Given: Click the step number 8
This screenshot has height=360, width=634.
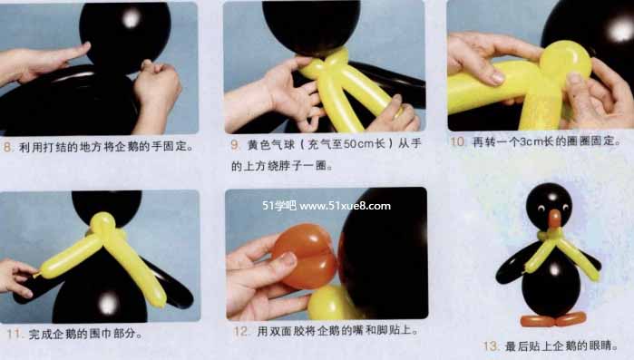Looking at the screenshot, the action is pos(7,147).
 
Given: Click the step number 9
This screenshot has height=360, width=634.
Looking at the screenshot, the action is pos(235,145).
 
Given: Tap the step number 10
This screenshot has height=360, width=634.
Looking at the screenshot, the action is pos(457,141).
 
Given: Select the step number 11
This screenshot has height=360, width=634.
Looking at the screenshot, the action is pos(14,334).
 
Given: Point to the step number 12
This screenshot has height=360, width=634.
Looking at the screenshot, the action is pos(241,331).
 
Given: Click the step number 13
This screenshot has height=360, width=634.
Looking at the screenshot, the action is pos(492,345).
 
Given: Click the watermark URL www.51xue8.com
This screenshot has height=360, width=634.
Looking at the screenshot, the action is pos(345,206).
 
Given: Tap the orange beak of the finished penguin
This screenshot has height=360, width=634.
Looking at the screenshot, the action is pos(555,219).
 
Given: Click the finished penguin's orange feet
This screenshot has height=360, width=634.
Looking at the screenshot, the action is pos(553,320).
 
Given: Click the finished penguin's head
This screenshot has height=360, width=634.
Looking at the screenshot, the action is pos(549,204).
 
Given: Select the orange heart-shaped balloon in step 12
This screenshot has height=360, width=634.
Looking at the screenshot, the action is pos(305,257).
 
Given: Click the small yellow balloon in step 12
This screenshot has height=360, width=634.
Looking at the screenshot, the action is pos(330,303).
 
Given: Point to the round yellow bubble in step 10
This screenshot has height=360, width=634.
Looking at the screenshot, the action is pos(566,60).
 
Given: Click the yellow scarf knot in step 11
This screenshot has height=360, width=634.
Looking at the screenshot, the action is pos(103,225).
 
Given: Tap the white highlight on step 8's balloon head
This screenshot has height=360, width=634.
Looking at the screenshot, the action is pos(131,18).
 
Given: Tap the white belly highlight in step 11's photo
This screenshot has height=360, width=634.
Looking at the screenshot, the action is pos(108,303).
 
